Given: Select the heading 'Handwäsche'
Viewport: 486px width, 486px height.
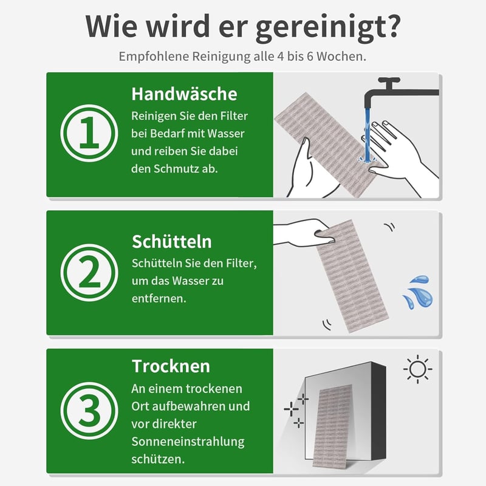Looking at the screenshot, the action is click(x=185, y=94).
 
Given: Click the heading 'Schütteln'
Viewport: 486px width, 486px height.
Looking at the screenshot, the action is click(x=172, y=241).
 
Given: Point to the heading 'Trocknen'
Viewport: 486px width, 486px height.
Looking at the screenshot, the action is click(x=171, y=366).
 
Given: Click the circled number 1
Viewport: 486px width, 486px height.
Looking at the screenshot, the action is click(x=89, y=133).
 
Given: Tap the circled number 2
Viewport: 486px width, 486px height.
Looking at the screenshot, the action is click(x=89, y=273).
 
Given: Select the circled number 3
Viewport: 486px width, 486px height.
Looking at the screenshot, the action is click(x=89, y=411).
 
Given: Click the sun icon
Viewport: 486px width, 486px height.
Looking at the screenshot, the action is click(x=418, y=369).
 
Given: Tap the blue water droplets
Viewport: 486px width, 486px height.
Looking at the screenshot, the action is click(x=418, y=292).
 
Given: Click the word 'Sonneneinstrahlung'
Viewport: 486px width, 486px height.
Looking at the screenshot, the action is click(x=188, y=442).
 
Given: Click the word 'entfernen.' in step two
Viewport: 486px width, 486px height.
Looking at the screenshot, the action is click(x=159, y=298).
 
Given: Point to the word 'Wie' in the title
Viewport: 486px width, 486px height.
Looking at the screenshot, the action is click(x=111, y=26).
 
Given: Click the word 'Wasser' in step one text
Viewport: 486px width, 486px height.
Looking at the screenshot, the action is click(x=225, y=134).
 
